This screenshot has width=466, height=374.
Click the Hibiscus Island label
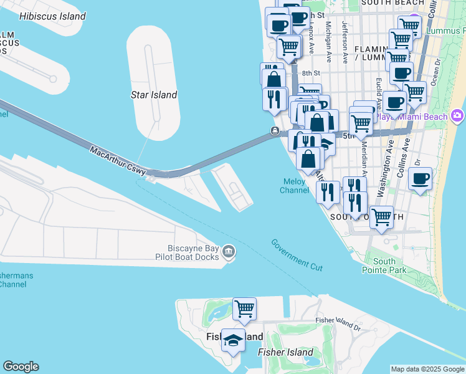click(52, 16)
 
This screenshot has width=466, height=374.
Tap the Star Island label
click(153, 95)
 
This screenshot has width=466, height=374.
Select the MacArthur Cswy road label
click(118, 160)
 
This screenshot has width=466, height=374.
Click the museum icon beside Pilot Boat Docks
click(229, 251)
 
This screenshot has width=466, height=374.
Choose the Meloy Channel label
click(294, 186)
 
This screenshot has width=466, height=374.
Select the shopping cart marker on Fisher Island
click(244, 309)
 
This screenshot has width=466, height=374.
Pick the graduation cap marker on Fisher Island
click(233, 340)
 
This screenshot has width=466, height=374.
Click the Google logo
click(21, 367)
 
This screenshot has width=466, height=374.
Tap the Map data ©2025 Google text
click(427, 369)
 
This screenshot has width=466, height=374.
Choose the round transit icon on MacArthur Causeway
click(274, 130)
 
